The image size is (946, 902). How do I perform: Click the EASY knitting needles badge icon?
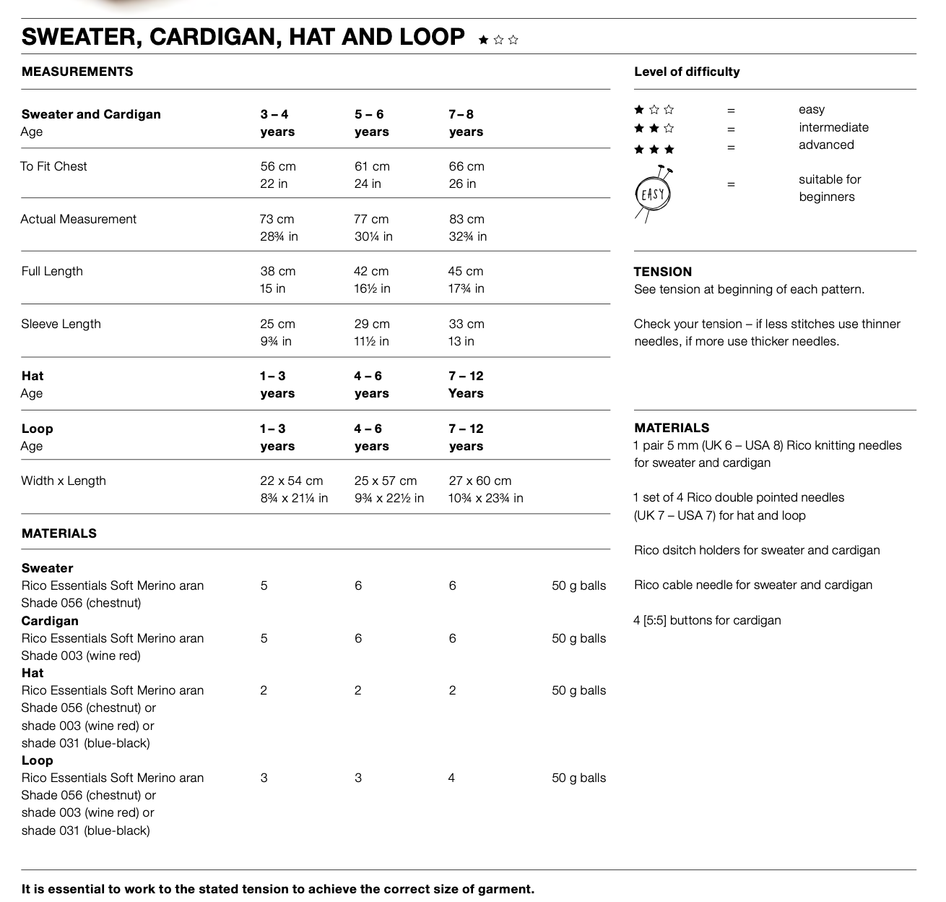click(x=654, y=193)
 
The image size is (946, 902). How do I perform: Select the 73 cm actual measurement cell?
click(x=277, y=219)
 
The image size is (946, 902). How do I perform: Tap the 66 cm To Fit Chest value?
click(x=467, y=166)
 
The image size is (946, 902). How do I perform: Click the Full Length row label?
click(x=52, y=271)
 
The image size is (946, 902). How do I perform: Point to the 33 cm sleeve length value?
click(x=467, y=324)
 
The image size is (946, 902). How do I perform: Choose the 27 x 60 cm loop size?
click(x=480, y=481)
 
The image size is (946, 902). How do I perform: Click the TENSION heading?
click(x=663, y=272)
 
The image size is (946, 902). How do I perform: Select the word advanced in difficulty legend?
click(x=826, y=145)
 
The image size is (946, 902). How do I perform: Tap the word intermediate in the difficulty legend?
click(x=833, y=127)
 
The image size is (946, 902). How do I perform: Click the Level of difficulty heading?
click(x=687, y=72)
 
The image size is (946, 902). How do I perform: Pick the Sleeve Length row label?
click(x=61, y=324)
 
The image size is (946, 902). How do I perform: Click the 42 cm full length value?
click(x=371, y=271)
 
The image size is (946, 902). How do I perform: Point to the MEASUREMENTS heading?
click(x=77, y=72)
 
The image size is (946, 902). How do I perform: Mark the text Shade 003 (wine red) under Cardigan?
click(x=81, y=656)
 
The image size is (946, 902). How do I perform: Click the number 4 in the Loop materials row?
click(x=451, y=778)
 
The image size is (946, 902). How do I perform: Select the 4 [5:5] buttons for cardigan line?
click(x=707, y=620)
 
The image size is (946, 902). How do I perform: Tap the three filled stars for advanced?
click(x=654, y=150)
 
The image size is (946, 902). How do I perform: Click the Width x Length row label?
click(x=64, y=481)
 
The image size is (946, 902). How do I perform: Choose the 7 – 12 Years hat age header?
click(x=466, y=385)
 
